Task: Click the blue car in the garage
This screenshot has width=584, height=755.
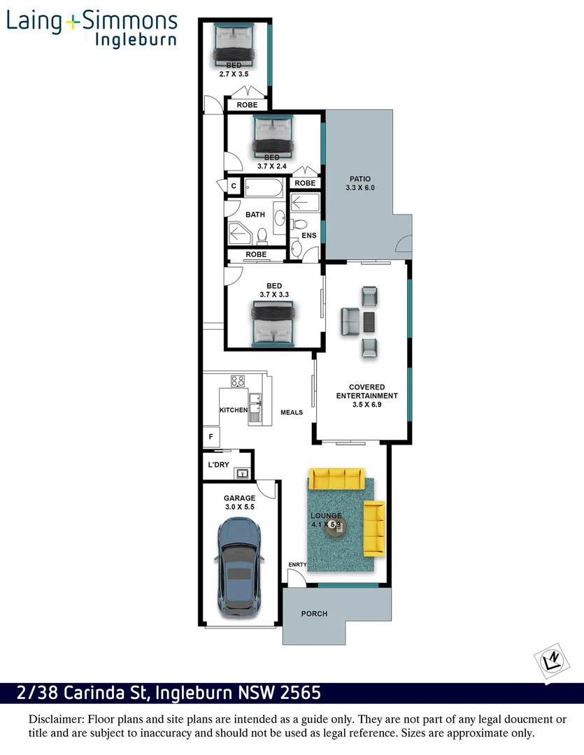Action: tap(240, 568)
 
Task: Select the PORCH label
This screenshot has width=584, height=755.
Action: tap(314, 614)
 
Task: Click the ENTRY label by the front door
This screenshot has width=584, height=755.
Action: tap(297, 565)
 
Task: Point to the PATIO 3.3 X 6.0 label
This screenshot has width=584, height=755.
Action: tap(360, 183)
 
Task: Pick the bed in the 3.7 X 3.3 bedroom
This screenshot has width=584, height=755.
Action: tap(273, 323)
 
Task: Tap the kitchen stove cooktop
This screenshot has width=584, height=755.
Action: tap(238, 382)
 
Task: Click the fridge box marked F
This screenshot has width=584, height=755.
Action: tap(211, 437)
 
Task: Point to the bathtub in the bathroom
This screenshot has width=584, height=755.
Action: tap(264, 187)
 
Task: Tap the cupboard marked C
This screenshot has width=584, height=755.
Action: tap(234, 186)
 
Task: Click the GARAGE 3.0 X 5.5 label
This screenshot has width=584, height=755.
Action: tap(240, 503)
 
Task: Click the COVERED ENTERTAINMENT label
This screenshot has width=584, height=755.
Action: tap(367, 395)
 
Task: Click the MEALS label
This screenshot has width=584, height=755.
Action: tap(292, 412)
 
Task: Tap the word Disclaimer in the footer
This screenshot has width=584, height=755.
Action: tap(56, 719)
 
